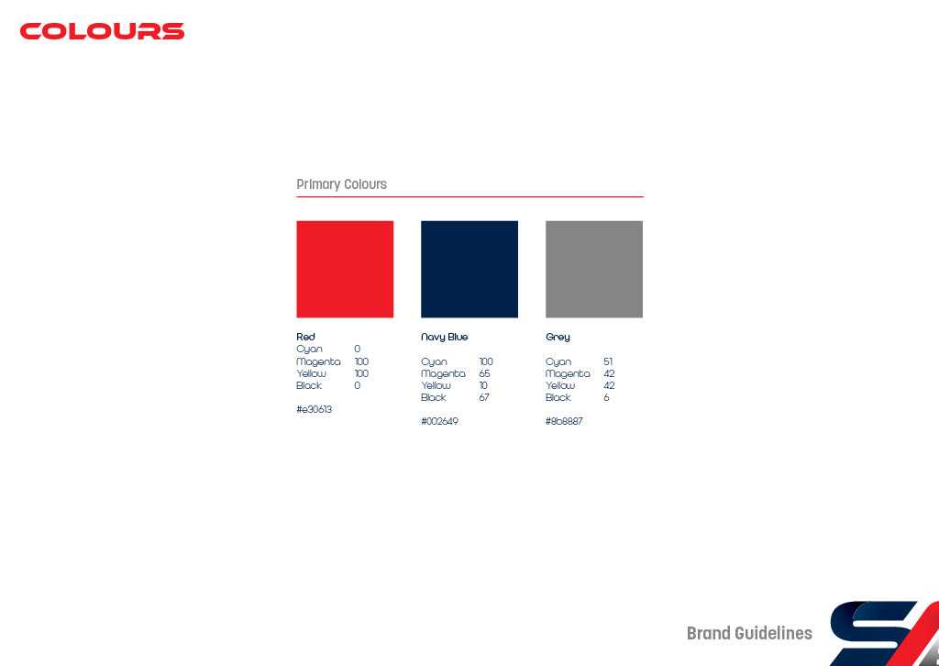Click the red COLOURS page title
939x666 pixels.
coord(103,31)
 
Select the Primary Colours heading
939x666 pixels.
coord(341,184)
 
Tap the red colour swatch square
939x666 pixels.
coord(345,269)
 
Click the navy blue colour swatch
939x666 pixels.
coord(469,269)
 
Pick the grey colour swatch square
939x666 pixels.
coord(594,269)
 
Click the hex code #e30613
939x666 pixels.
coord(314,409)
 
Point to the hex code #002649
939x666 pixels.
coord(439,421)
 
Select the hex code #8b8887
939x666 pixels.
coord(564,421)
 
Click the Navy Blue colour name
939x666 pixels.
coord(445,338)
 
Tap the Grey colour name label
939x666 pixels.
coord(558,338)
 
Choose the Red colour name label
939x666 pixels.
coord(305,337)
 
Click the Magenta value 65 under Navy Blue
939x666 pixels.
coord(484,373)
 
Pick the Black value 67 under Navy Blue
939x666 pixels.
coord(484,397)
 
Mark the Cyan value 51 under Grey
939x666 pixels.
coord(609,361)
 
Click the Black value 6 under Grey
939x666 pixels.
coord(607,397)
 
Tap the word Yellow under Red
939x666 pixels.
coord(312,373)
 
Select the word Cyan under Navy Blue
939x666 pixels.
coord(434,361)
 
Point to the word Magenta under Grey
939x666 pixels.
coord(568,373)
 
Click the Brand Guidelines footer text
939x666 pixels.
coord(749,633)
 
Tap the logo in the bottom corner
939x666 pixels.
coord(885,634)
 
